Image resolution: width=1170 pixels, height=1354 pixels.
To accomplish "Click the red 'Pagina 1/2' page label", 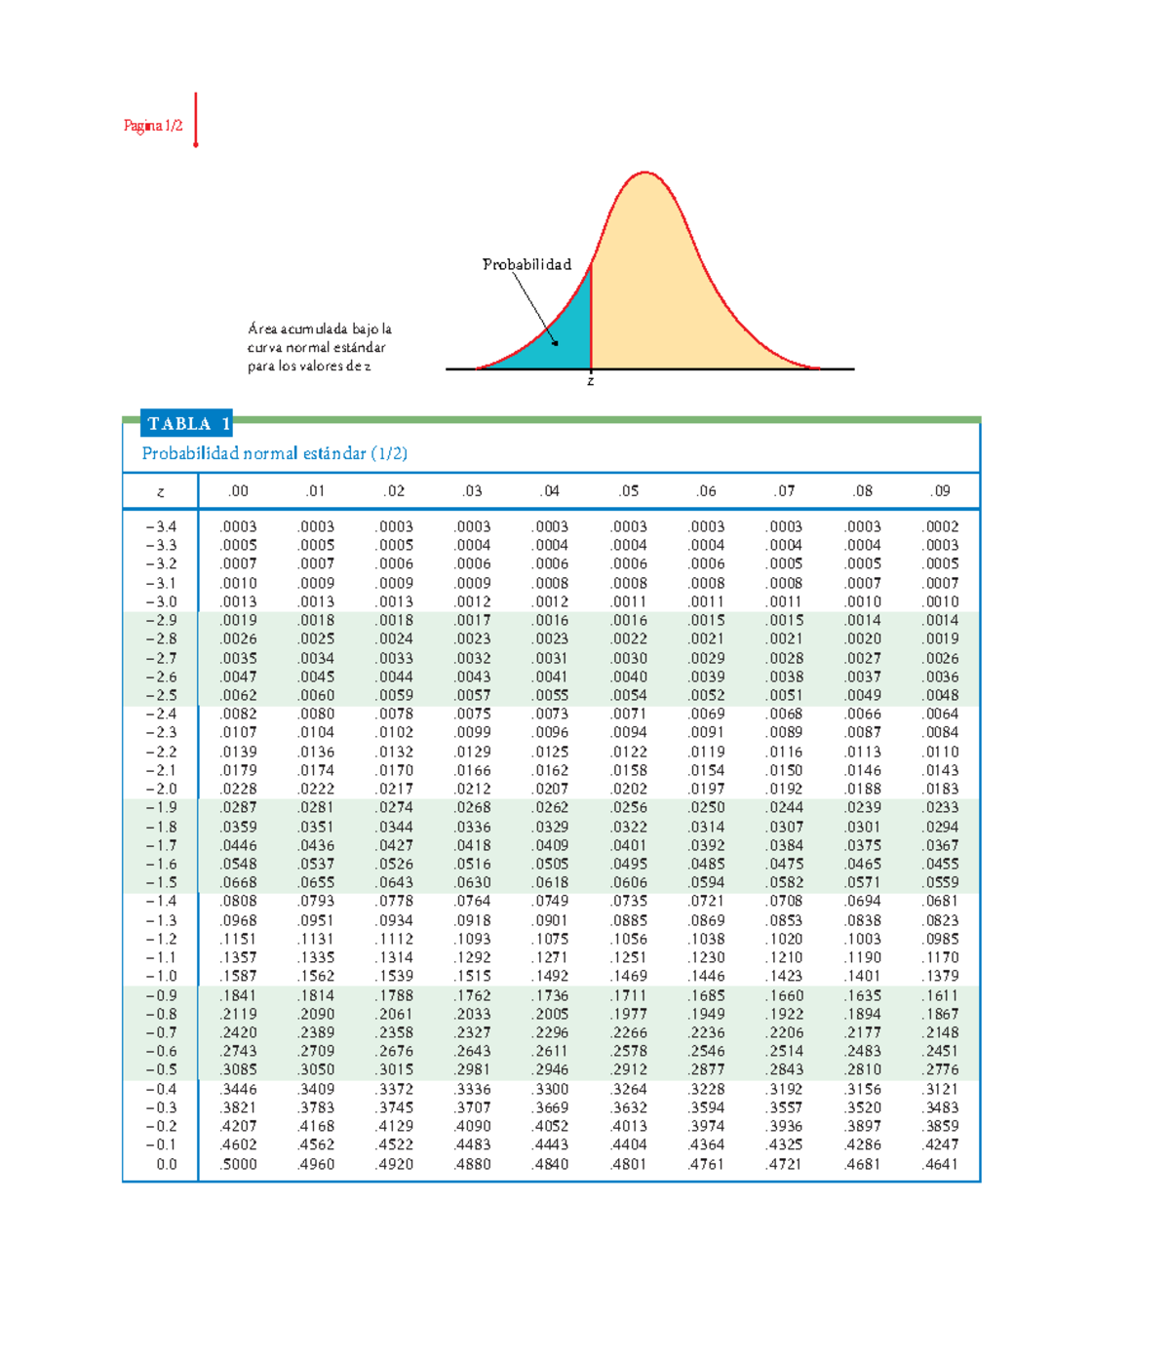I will point(153,126).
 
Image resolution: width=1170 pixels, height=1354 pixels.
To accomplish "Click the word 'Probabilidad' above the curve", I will point(526,264).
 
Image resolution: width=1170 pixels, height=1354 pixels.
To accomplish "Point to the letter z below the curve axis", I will point(590,381).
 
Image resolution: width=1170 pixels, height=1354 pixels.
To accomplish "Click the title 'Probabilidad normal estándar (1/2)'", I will point(275,453).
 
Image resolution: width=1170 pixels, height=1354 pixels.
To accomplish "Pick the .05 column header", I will point(629,491).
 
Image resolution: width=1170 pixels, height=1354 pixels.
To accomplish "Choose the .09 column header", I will point(941,491).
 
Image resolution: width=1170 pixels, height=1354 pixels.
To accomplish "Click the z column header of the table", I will point(161,492).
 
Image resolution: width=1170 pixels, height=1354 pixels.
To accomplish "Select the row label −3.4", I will point(162,526).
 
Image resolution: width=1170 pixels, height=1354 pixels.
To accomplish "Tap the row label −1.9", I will point(162,808).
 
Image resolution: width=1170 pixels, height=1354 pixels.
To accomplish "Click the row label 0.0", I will point(167,1164).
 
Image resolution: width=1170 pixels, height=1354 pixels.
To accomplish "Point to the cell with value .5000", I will point(239,1164).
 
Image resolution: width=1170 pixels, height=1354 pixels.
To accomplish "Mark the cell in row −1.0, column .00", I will point(239,976).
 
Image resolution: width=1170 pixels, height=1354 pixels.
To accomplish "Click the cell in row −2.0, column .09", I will point(941,789).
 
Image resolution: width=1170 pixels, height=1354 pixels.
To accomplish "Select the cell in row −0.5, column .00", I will point(239,1069).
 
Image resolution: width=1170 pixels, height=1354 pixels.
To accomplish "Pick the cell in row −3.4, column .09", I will point(941,526).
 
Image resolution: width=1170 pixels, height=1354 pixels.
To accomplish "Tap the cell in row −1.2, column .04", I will point(551,939).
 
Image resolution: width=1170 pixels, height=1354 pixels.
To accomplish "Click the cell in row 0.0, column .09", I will point(941,1164).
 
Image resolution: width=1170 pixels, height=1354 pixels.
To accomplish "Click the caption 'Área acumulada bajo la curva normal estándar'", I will point(319,338).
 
